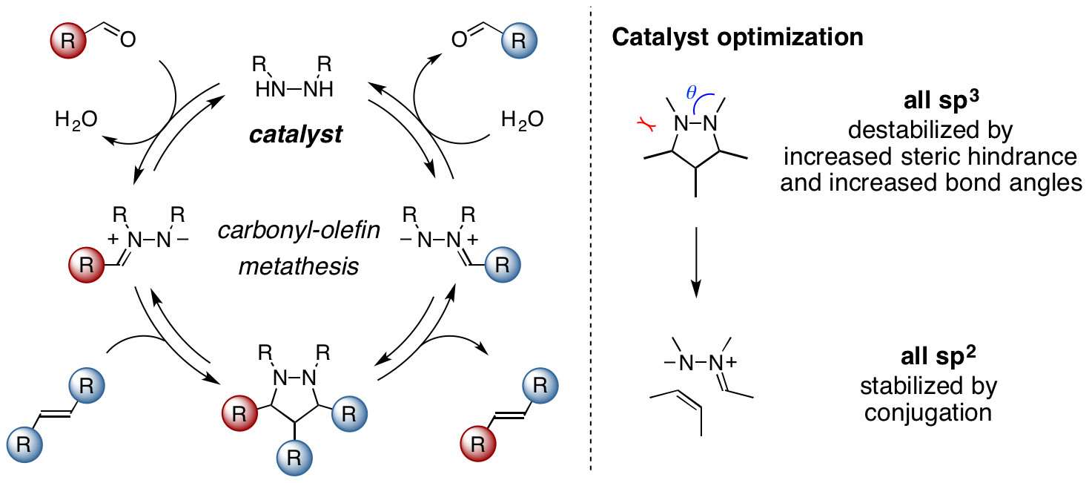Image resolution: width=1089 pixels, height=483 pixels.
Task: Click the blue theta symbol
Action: [x=691, y=93]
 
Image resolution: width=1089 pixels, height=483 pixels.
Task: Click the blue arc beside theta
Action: [x=701, y=100]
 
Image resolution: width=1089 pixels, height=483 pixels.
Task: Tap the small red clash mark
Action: [x=646, y=124]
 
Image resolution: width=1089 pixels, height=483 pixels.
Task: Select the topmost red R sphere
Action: [x=68, y=41]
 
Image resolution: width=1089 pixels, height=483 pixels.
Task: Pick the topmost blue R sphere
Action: [x=519, y=41]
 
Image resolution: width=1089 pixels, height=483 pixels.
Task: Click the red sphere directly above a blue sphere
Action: [x=87, y=265]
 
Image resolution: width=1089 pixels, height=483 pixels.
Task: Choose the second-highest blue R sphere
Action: [x=503, y=265]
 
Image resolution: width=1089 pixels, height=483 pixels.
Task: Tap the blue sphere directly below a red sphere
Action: [x=87, y=386]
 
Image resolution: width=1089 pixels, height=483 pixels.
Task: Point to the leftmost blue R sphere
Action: [x=24, y=444]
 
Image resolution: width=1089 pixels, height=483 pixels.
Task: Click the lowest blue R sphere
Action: [x=294, y=458]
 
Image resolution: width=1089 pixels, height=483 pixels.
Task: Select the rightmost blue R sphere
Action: [x=540, y=386]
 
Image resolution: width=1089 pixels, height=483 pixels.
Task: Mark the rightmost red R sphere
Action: [x=478, y=444]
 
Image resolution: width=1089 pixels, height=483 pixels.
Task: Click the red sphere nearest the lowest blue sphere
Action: [x=239, y=413]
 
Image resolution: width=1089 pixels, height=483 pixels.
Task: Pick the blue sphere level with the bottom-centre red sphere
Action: [x=349, y=414]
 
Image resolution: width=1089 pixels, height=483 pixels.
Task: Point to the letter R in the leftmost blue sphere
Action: [x=24, y=445]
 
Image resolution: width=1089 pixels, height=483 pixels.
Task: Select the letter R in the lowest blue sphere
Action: [x=294, y=459]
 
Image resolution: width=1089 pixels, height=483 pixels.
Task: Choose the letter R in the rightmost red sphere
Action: [x=478, y=444]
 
